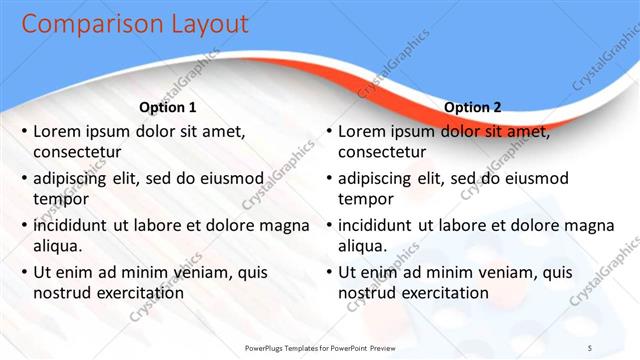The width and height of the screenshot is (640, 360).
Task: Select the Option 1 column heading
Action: pos(166,107)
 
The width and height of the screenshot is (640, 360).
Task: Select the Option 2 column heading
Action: pos(473,107)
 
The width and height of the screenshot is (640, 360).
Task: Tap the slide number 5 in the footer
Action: pos(590,346)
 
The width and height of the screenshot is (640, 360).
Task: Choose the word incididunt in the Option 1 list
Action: pos(74,224)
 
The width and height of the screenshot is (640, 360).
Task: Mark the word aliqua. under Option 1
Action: pos(57,246)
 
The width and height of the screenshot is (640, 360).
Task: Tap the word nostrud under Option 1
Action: pos(62,293)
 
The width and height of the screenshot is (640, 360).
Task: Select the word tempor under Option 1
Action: pos(58,199)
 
